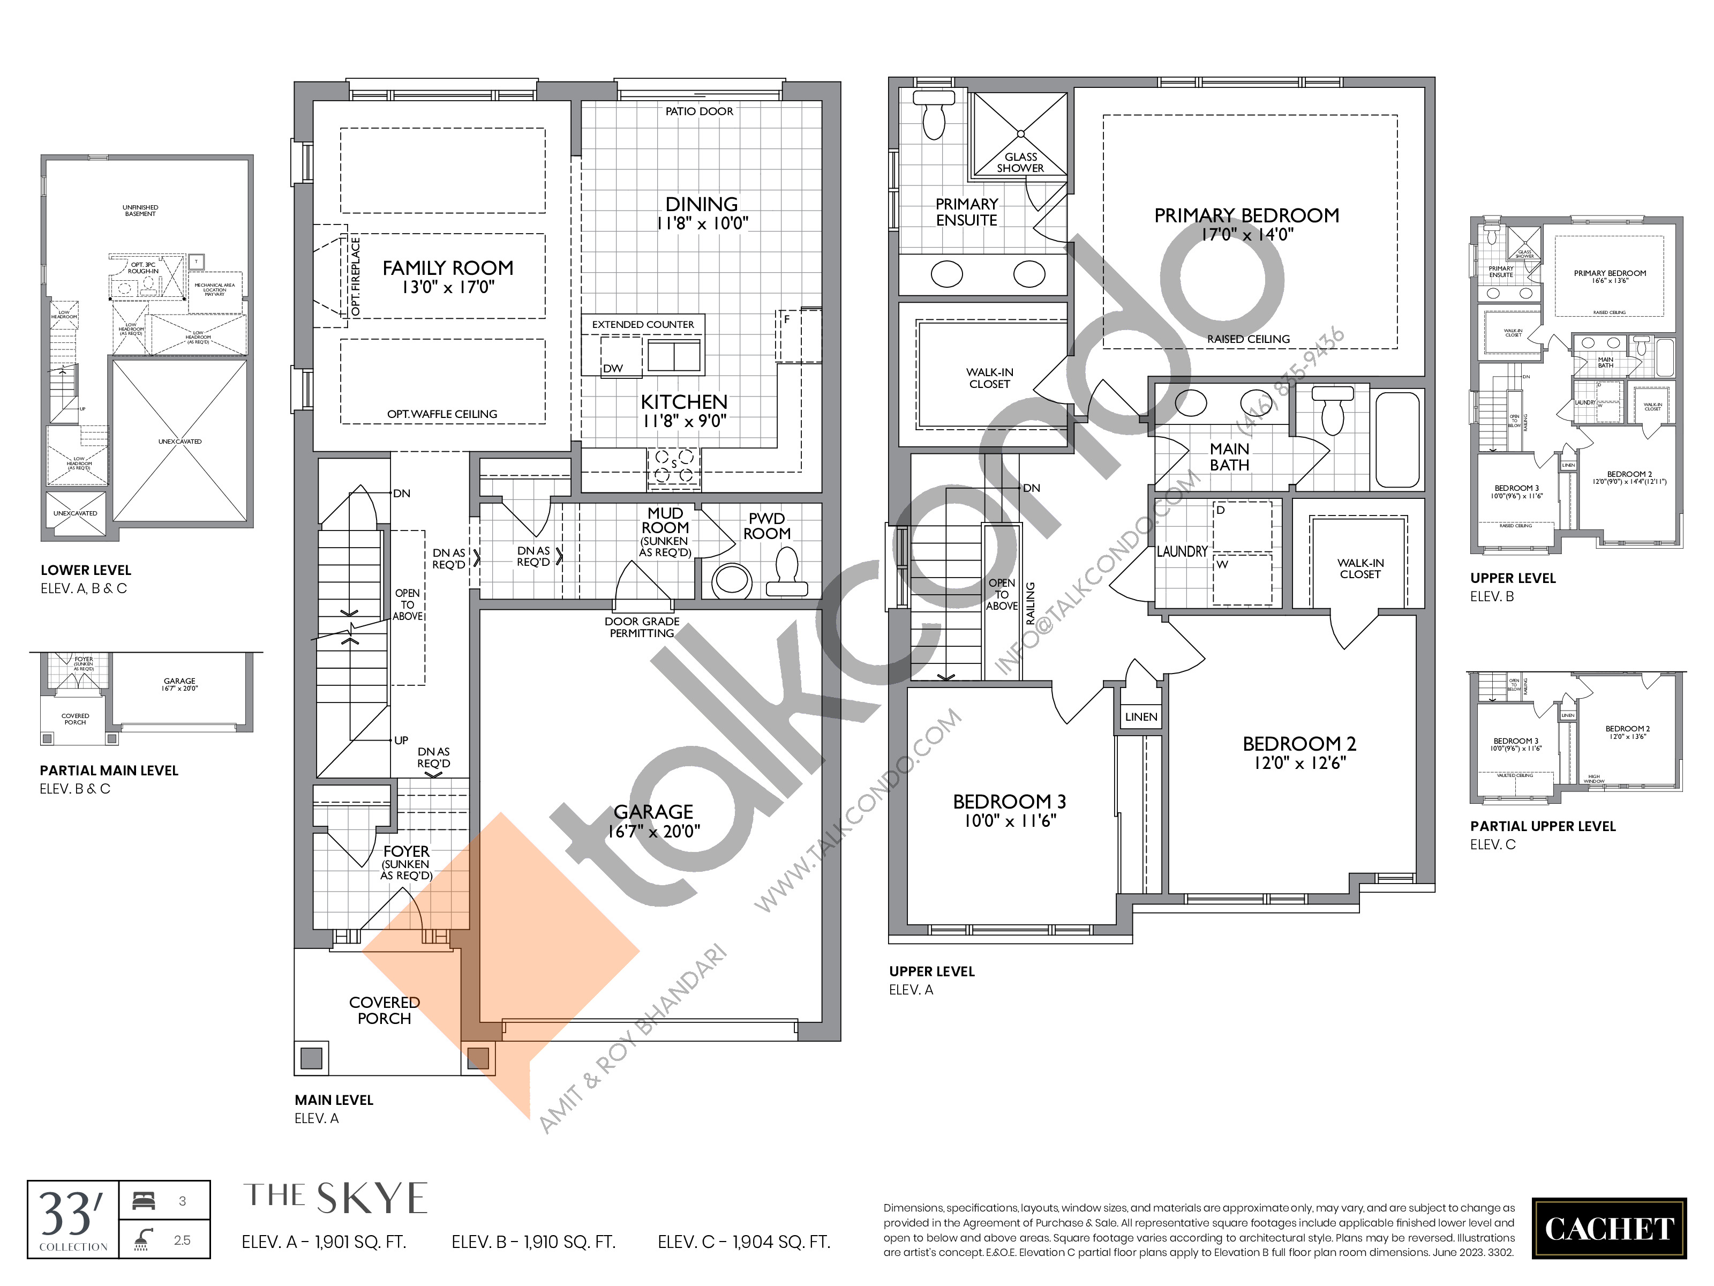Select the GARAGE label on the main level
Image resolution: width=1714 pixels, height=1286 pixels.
click(x=653, y=812)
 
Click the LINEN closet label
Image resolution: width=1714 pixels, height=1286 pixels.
click(x=1140, y=717)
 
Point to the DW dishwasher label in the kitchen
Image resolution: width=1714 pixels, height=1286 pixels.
click(x=613, y=368)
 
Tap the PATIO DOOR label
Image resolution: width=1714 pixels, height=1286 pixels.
click(x=699, y=111)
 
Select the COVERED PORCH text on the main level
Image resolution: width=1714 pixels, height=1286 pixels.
click(x=385, y=1010)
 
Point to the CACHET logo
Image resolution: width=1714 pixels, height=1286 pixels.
click(x=1608, y=1229)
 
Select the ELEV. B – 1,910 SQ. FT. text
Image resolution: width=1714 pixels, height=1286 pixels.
click(x=533, y=1243)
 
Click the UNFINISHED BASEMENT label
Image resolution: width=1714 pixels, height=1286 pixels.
click(x=140, y=211)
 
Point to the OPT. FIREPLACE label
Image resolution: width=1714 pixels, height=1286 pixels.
click(x=356, y=276)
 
